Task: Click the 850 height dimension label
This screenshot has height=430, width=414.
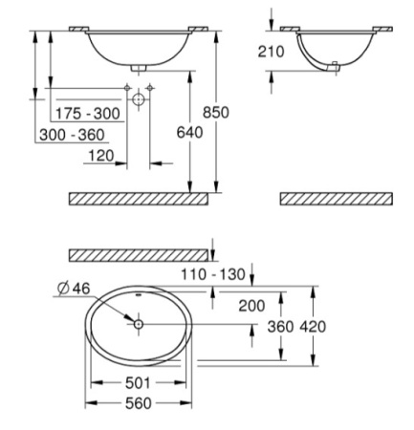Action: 216,113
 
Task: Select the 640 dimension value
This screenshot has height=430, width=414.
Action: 189,133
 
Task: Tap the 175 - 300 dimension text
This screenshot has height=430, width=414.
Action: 88,114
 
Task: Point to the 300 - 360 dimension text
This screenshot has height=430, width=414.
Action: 72,135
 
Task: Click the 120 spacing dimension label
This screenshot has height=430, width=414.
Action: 101,156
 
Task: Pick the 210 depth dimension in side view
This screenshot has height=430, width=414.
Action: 271,52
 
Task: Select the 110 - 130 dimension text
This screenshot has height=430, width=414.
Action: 213,274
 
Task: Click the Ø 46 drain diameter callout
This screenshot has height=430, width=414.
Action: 74,289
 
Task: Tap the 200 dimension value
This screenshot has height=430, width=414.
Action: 251,306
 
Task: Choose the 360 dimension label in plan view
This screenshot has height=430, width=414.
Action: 280,327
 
